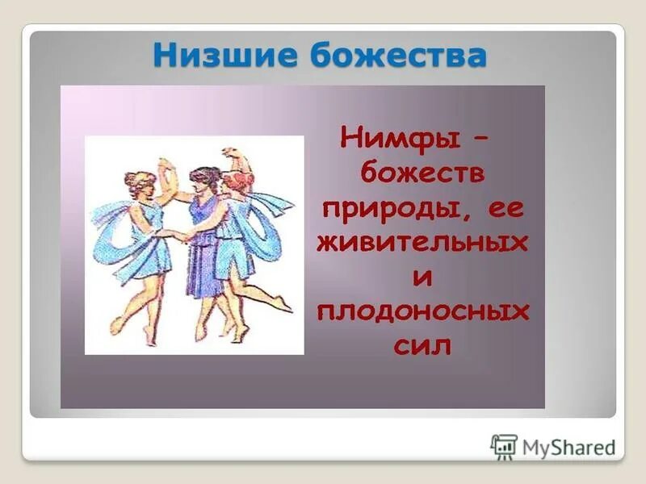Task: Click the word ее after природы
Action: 504,208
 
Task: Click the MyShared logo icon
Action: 504,446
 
